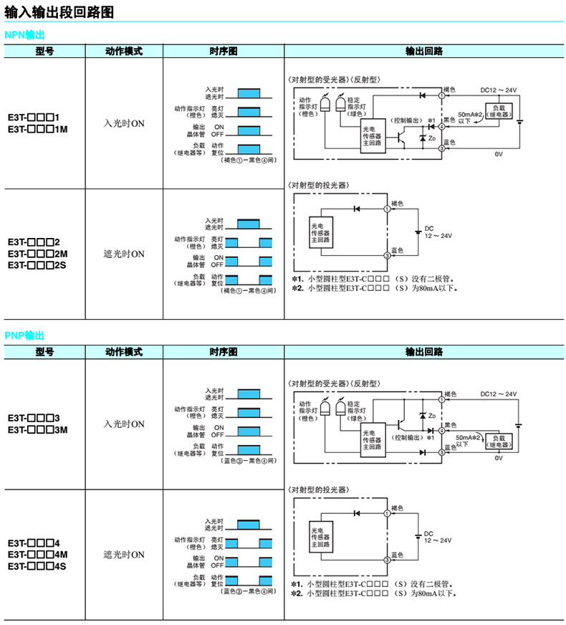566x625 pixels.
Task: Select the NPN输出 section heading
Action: [x=24, y=35]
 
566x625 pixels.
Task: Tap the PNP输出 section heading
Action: [x=24, y=335]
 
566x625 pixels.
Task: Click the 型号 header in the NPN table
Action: [x=44, y=52]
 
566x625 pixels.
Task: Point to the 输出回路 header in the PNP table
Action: [x=423, y=352]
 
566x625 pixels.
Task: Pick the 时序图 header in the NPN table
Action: [x=224, y=52]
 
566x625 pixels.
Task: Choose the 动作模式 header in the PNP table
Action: [x=124, y=352]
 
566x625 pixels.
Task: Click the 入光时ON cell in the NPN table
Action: [x=124, y=123]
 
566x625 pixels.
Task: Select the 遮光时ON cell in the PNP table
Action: [x=124, y=555]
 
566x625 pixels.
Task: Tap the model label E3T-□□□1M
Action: [x=37, y=130]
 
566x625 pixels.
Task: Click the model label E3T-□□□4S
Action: [x=37, y=566]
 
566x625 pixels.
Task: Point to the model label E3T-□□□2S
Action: [x=37, y=265]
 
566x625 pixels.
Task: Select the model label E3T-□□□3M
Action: [x=37, y=430]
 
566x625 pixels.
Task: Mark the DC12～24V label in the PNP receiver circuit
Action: [x=499, y=394]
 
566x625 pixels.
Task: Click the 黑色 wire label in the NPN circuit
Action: [x=449, y=119]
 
